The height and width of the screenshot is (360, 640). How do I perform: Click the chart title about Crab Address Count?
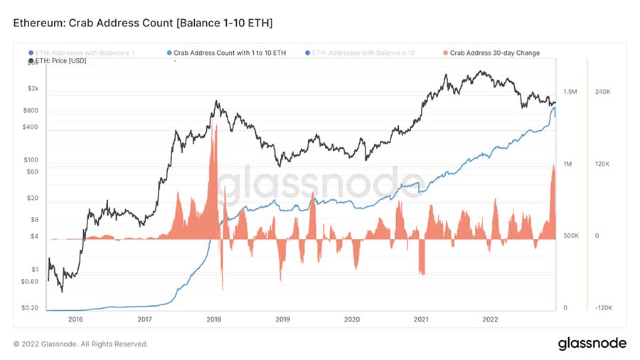point(143,24)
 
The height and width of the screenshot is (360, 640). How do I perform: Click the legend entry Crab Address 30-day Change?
point(491,53)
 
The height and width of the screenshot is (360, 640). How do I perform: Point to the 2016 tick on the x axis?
point(75,319)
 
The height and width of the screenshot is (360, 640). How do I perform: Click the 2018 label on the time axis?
point(213,319)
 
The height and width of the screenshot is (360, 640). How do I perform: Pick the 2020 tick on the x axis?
point(351,319)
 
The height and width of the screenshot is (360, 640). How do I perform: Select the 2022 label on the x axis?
point(489,319)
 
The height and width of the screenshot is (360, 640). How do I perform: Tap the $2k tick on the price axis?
point(33,89)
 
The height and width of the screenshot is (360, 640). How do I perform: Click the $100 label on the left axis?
point(31,160)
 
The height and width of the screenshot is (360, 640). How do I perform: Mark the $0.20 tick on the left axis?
point(30,309)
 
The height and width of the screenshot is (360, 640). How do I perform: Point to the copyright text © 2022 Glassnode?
point(81,344)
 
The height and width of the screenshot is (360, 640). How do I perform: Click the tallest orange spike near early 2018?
point(214,142)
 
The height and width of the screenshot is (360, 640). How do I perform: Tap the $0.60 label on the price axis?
point(30,282)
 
